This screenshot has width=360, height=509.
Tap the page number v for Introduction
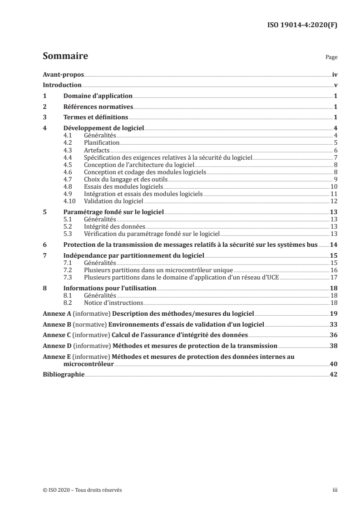pyautogui.click(x=335, y=85)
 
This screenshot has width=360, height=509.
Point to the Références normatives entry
pyautogui.click(x=98, y=107)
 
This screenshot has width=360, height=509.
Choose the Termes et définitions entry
pyautogui.click(x=95, y=118)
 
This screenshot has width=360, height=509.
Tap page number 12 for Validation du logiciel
pyautogui.click(x=333, y=201)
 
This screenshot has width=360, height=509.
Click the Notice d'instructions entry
pyautogui.click(x=113, y=303)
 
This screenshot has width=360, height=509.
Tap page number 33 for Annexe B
pyautogui.click(x=333, y=325)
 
